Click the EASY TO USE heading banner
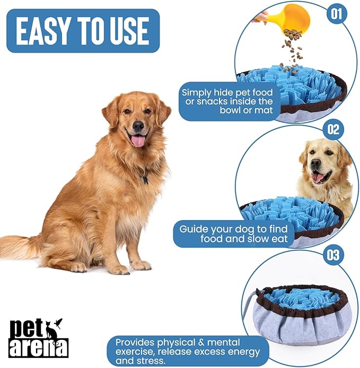point(84,31)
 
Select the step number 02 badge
point(333,129)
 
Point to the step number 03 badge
point(332,255)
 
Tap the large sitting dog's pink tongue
point(138,141)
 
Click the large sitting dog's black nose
point(138,126)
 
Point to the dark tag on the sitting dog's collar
point(144,180)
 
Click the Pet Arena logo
point(38,337)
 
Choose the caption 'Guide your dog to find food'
point(233,234)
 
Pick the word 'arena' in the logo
point(38,348)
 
